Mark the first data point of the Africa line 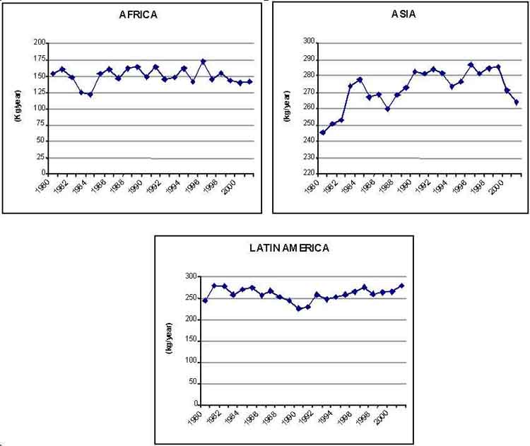pos(53,74)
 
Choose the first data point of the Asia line pos(323,132)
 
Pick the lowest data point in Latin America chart pos(298,308)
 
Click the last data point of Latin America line pos(401,286)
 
